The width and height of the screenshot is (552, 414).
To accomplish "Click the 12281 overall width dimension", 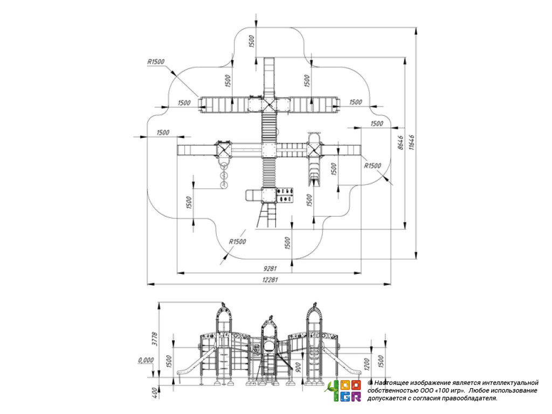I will coord(270,279).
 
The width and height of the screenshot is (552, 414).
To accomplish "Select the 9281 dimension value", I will coord(270,268).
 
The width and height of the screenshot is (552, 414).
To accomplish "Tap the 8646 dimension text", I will coord(400,144).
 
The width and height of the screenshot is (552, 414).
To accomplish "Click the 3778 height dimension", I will coord(154,339).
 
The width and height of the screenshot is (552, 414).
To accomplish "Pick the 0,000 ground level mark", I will coord(145,360).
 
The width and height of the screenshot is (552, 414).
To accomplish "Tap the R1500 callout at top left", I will coord(156,62).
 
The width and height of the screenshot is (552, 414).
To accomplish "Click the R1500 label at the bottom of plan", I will coord(237,241).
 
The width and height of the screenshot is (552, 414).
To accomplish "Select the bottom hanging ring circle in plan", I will coord(224,185).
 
